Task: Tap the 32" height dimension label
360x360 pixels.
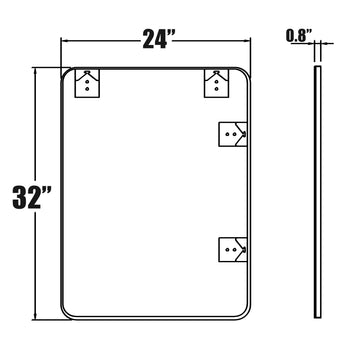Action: pyautogui.click(x=32, y=198)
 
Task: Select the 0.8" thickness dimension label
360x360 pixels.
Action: pyautogui.click(x=299, y=36)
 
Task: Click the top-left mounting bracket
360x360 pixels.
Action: pyautogui.click(x=87, y=83)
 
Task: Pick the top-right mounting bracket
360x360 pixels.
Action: pyautogui.click(x=217, y=83)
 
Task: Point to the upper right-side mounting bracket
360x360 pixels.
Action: pyautogui.click(x=233, y=134)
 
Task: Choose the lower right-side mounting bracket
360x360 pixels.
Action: pyautogui.click(x=233, y=250)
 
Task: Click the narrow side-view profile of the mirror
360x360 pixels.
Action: pyautogui.click(x=318, y=192)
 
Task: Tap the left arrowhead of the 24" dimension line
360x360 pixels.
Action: pyautogui.click(x=64, y=41)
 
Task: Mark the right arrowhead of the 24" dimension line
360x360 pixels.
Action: pyautogui.click(x=247, y=41)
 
